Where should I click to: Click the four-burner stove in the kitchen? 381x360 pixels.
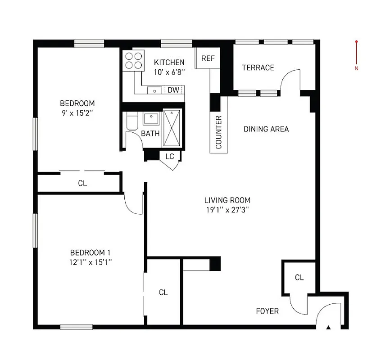coord(133,60)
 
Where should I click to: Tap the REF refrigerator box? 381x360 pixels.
coord(208,58)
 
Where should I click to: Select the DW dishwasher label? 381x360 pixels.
coord(173,90)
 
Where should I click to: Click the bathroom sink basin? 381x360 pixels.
coord(150,119)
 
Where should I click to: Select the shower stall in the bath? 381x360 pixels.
coord(172,127)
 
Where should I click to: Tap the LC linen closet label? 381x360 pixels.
coord(170,156)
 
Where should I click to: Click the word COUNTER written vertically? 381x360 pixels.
coord(219,132)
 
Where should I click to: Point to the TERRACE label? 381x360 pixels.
coord(258,67)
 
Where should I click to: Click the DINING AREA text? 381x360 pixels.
coord(266,129)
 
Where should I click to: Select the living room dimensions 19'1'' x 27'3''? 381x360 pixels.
coord(227,209)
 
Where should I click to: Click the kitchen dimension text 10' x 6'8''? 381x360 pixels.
coord(169,71)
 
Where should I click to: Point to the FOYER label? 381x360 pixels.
coord(267,311)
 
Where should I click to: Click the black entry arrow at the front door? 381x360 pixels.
coord(328,327)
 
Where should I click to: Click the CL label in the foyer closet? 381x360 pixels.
coord(299,277)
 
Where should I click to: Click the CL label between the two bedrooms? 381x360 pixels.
coord(82,183)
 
